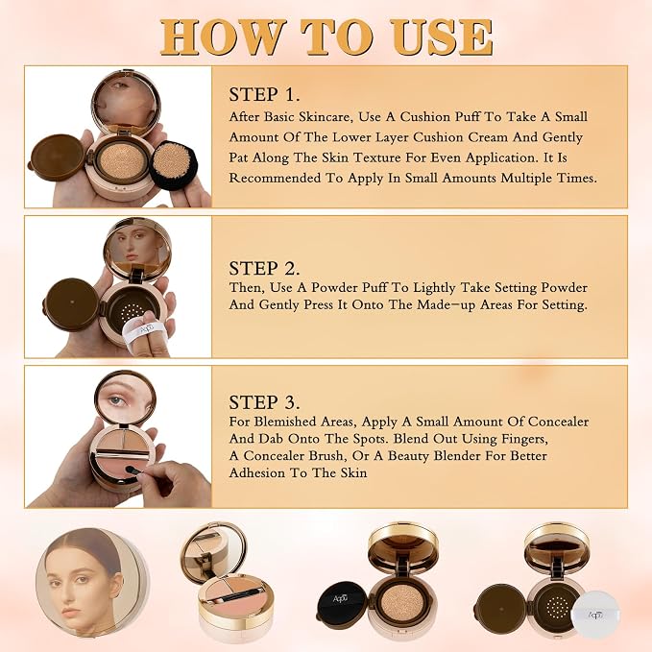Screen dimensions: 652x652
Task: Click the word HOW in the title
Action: (x=221, y=37)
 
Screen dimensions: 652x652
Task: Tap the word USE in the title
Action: (x=441, y=37)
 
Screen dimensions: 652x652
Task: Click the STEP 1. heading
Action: (x=264, y=94)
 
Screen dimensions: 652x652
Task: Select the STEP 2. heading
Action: (x=264, y=269)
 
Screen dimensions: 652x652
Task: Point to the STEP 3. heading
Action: (x=264, y=402)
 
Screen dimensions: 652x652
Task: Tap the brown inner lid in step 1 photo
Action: (x=57, y=157)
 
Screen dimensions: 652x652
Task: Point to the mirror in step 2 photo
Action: (x=137, y=249)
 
